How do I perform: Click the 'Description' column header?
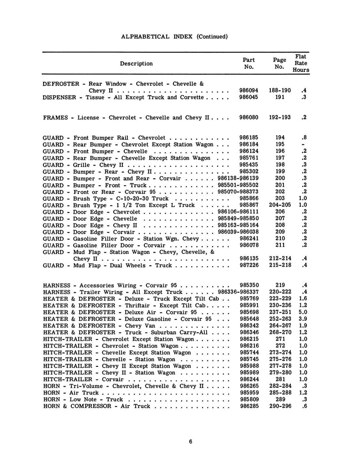pos(136,64)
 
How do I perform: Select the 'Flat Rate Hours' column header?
pos(301,63)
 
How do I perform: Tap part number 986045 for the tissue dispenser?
pos(248,97)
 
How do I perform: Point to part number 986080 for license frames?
pos(248,117)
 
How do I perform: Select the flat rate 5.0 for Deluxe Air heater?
pos(303,312)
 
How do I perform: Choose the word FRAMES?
pos(55,117)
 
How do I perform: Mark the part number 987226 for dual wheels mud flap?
pos(248,265)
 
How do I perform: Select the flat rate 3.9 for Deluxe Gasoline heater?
pos(303,319)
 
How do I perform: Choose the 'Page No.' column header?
pos(279,63)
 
